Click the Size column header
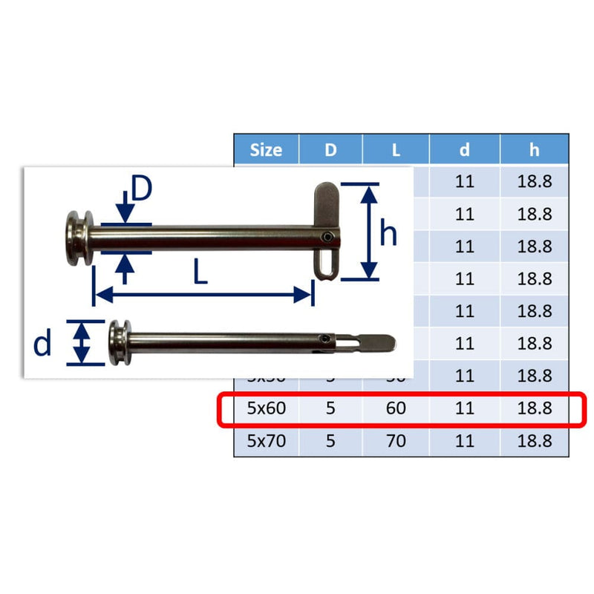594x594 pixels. tap(266, 149)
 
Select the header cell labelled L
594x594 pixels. tap(396, 149)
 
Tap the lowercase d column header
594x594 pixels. tap(464, 149)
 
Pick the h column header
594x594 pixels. tap(535, 149)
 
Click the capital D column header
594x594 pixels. tap(330, 149)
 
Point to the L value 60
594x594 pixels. tap(396, 408)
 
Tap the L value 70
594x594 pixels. tap(396, 441)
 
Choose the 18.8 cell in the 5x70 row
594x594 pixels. tap(535, 441)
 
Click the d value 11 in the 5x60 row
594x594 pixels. tap(464, 408)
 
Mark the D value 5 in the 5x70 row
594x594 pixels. tap(330, 441)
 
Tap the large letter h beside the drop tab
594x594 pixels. tap(388, 233)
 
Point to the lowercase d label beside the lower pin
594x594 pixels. tap(43, 342)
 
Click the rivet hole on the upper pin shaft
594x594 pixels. tap(327, 238)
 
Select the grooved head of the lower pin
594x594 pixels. tap(117, 342)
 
